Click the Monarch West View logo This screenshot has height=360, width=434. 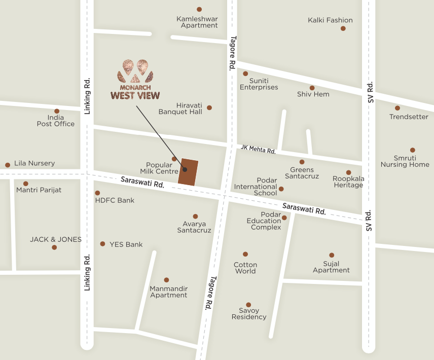pyautogui.click(x=135, y=80)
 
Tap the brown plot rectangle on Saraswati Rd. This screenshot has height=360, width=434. pyautogui.click(x=188, y=172)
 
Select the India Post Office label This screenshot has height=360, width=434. pyautogui.click(x=56, y=120)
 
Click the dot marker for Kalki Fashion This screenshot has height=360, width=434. pyautogui.click(x=343, y=28)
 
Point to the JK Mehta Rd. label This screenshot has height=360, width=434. pyautogui.click(x=259, y=150)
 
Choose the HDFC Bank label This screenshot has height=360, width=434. pyautogui.click(x=115, y=200)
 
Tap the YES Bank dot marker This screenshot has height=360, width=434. pyautogui.click(x=102, y=244)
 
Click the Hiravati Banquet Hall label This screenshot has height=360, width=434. pyautogui.click(x=180, y=108)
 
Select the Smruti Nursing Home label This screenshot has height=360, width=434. pyautogui.click(x=405, y=161)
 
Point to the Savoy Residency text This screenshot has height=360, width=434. pyautogui.click(x=249, y=314)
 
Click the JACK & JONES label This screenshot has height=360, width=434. pyautogui.click(x=56, y=239)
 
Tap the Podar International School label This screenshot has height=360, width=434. pyautogui.click(x=256, y=187)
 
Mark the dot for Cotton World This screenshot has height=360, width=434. pyautogui.click(x=245, y=254)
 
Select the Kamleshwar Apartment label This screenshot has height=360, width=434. pyautogui.click(x=197, y=22)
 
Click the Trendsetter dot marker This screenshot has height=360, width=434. pyautogui.click(x=397, y=108)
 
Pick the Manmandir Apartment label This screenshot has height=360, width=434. pyautogui.click(x=169, y=292)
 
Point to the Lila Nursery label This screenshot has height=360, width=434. pyautogui.click(x=34, y=163)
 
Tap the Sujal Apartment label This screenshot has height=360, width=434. pyautogui.click(x=331, y=267)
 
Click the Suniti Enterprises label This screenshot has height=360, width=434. pyautogui.click(x=259, y=84)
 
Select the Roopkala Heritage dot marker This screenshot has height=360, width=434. pyautogui.click(x=349, y=173)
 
